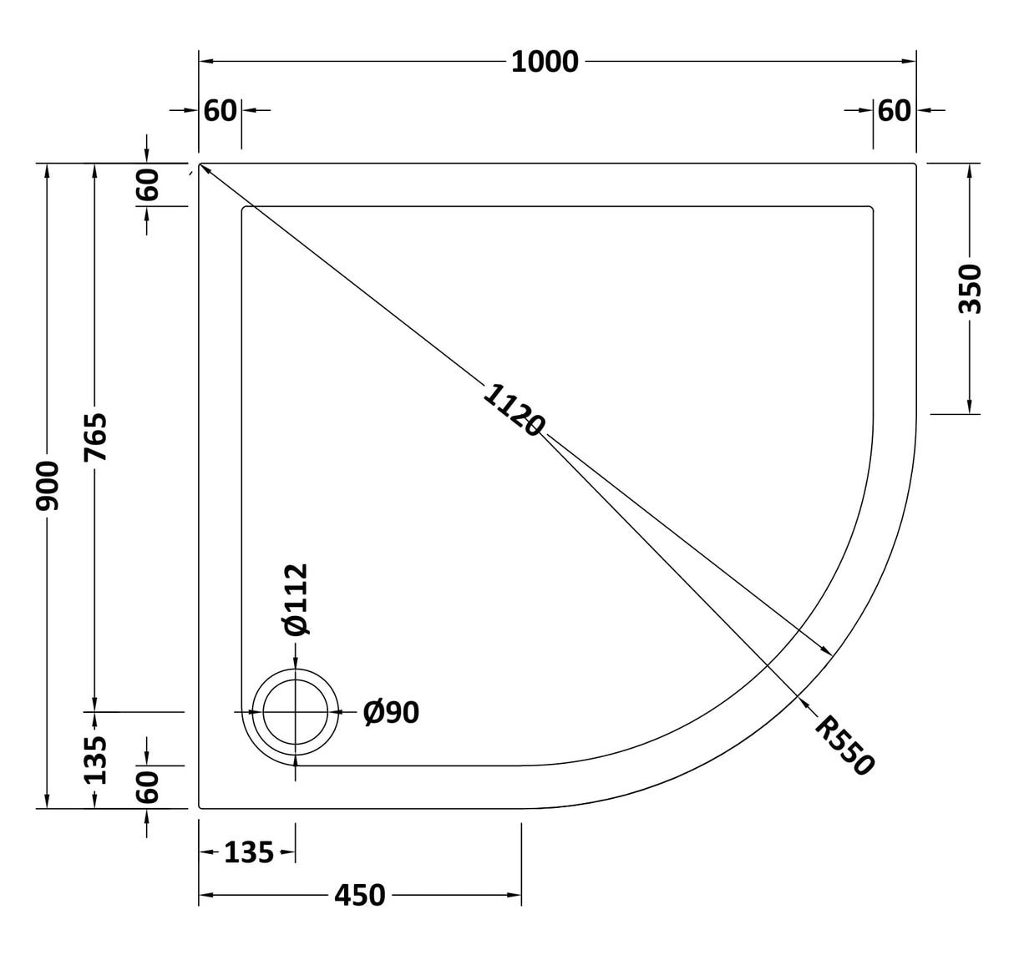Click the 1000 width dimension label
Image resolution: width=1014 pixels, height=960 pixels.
coord(545,62)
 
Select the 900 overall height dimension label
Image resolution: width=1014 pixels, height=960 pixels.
coord(48,485)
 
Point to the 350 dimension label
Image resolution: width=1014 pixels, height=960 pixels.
coord(970,288)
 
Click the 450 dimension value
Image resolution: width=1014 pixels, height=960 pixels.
coord(359,896)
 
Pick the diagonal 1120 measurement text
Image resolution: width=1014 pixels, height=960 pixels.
coord(513,410)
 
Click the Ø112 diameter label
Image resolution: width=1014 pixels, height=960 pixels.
coord(296,599)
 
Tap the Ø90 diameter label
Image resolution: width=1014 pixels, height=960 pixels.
coord(391,712)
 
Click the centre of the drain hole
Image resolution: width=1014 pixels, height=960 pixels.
coord(296,712)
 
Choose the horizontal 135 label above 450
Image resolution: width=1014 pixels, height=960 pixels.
coord(248,852)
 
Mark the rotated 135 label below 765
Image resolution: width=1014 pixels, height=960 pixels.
coord(96,760)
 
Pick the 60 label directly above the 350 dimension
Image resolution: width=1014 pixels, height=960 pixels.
coord(894,110)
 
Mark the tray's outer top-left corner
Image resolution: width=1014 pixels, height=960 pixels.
coord(200,164)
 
